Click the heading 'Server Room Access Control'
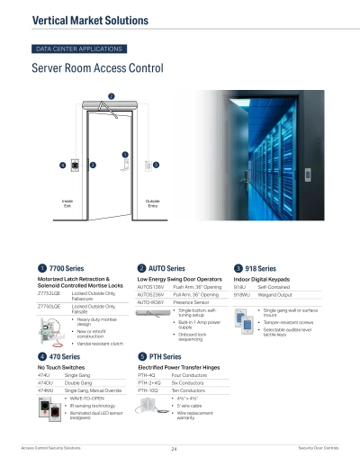pos(97,68)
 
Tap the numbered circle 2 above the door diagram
pos(111,96)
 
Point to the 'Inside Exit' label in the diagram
pos(67,204)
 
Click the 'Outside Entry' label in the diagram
pos(152,204)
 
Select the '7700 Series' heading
pos(70,268)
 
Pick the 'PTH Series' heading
pos(166,358)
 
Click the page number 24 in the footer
pos(172,447)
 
